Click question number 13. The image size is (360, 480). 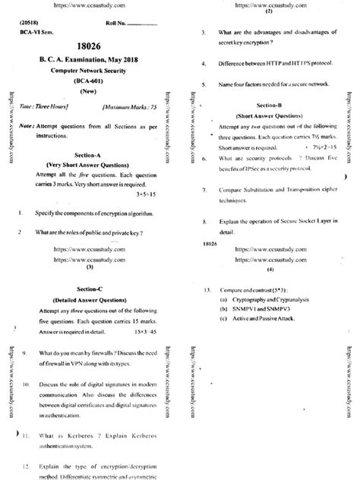point(207,290)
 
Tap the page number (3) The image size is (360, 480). point(90,267)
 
